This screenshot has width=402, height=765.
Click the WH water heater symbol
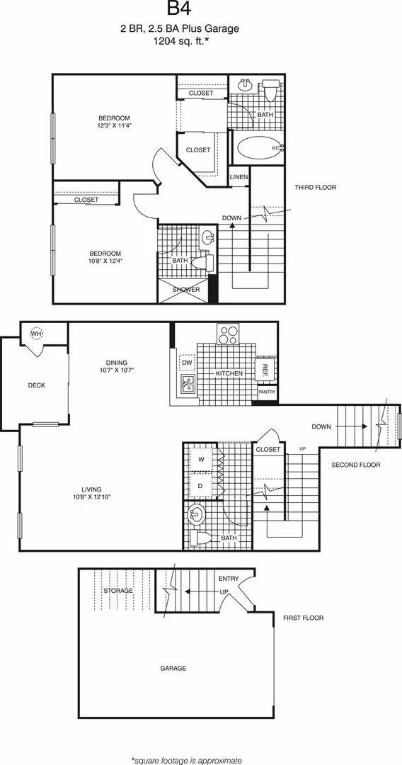click(35, 333)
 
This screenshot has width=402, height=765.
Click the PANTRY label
click(266, 392)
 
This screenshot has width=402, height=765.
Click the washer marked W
click(201, 460)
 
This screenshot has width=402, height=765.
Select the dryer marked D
click(201, 486)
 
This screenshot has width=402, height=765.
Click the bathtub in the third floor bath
click(257, 148)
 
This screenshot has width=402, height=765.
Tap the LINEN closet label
click(239, 176)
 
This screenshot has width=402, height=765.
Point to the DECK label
click(36, 385)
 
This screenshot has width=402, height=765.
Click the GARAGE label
click(173, 668)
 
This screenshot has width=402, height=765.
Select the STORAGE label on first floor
click(117, 589)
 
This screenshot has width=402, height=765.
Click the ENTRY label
click(229, 579)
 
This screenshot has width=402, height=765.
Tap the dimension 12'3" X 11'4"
click(115, 125)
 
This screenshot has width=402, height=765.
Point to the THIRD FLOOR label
click(316, 187)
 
